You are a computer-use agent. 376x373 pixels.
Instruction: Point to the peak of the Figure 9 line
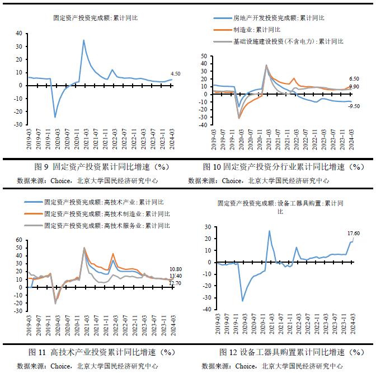[x=84, y=40]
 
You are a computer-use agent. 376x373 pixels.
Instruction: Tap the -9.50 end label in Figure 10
[x=354, y=106]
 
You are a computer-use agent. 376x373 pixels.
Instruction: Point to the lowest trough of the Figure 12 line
[x=242, y=301]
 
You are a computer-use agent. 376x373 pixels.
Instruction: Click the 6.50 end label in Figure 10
[x=354, y=79]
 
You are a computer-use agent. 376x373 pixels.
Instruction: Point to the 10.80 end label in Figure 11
[x=176, y=269]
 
